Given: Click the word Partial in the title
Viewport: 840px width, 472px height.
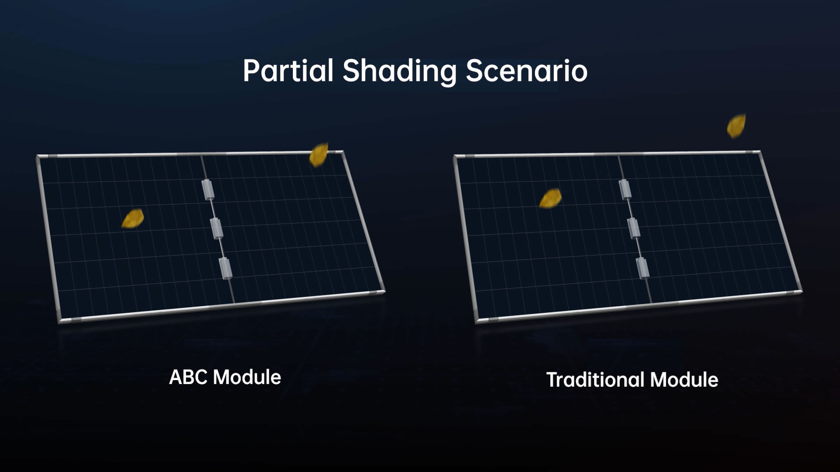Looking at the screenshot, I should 288,71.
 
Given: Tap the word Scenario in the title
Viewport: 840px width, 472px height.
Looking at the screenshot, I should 526,71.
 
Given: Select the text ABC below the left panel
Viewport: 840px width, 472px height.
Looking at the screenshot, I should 188,377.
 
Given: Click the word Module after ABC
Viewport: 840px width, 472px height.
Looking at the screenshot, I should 246,377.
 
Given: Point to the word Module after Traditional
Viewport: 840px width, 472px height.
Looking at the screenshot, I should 684,380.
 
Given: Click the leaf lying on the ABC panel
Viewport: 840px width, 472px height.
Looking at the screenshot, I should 133,219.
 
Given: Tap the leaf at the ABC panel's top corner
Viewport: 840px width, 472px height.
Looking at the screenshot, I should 319,154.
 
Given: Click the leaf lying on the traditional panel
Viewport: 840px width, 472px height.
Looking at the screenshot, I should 550,199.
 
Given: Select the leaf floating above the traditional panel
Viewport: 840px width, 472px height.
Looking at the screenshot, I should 736,126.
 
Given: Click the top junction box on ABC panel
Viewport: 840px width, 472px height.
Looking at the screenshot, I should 207,189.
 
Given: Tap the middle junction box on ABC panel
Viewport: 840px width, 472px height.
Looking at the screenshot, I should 217,228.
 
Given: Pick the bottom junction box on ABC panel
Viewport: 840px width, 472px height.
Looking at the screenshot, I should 225,268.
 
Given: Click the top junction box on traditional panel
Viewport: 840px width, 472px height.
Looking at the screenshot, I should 625,189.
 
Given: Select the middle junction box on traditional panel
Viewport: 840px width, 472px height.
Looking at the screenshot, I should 634,228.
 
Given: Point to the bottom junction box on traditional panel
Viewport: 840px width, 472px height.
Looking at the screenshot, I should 643,268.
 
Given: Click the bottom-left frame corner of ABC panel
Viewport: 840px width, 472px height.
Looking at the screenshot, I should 60,321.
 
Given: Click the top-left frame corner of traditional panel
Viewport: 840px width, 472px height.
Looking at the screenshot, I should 455,156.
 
